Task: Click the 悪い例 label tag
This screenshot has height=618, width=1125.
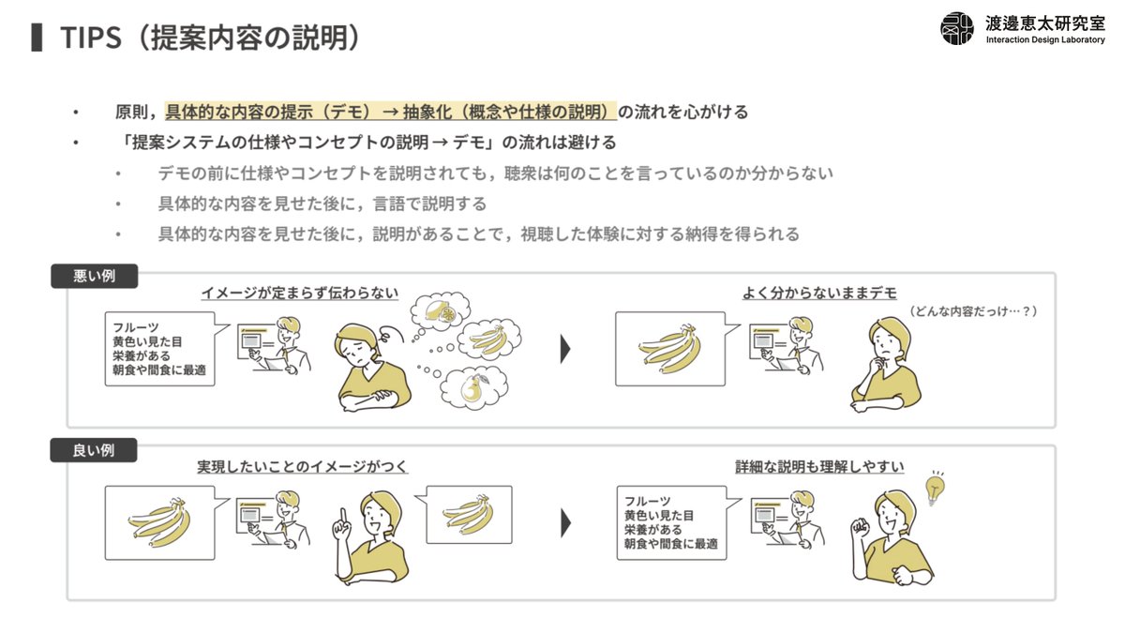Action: coord(95,276)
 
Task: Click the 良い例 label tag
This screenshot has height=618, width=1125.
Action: coord(94,450)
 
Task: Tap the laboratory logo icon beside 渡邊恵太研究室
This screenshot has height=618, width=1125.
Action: coord(957,29)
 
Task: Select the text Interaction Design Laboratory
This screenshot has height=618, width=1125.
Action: coord(1045,39)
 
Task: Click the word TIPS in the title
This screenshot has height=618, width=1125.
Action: coord(91,38)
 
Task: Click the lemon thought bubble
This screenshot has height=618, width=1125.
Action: coord(441,311)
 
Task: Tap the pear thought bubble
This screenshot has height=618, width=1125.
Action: coord(473,388)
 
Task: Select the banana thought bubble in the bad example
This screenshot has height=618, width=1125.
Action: coord(489,339)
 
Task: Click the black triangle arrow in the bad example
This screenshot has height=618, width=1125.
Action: coord(565,349)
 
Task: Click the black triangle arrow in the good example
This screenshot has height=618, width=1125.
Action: coord(565,523)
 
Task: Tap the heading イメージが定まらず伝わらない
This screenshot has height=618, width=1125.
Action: coord(300,293)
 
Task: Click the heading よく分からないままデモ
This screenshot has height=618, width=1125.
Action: coord(819,293)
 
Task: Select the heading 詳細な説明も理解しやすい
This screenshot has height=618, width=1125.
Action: coord(819,467)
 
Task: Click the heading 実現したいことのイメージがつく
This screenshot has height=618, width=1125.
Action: coord(302,467)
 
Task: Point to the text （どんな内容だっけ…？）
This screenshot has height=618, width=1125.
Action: coord(973,311)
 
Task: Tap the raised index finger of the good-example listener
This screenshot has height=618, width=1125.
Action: coord(343,514)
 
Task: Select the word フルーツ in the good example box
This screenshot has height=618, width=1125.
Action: coord(648,502)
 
